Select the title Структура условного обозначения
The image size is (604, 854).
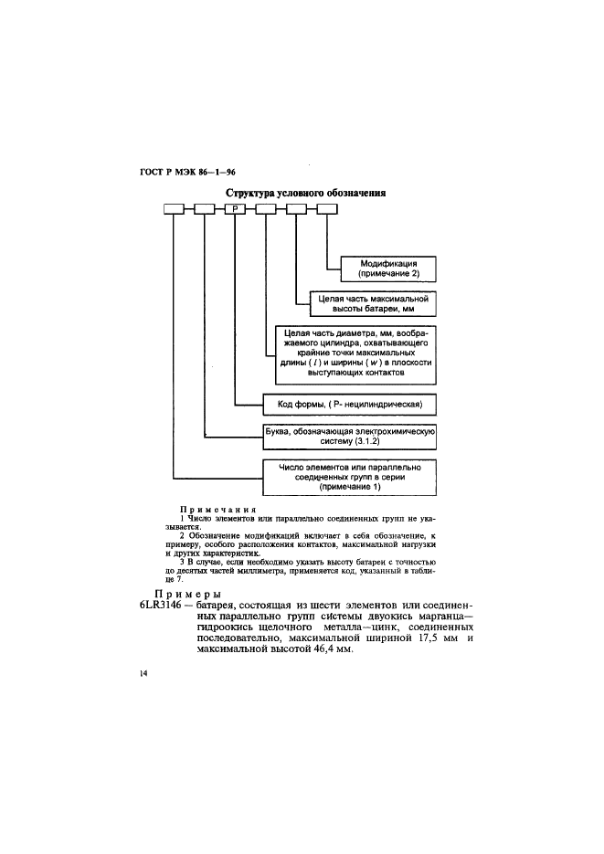coord(305,194)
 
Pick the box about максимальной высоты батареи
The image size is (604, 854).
coord(366,303)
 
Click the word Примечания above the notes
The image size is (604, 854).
coord(217,510)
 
